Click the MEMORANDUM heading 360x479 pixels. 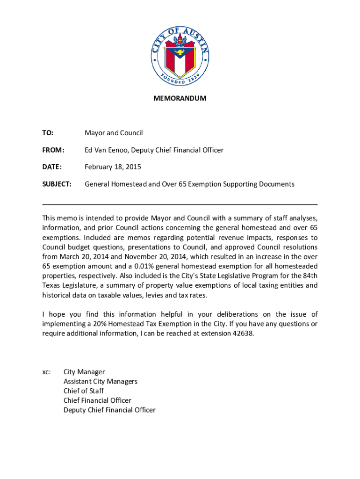coord(180,99)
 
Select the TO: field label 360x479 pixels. coord(48,133)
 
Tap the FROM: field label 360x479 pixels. coord(53,150)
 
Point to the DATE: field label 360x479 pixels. coord(52,167)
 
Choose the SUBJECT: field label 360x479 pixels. coord(57,184)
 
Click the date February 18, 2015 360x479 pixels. coord(113,167)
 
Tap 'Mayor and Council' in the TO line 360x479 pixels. coord(114,133)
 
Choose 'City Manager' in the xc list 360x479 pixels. coord(84,372)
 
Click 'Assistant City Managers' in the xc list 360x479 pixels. coord(101,381)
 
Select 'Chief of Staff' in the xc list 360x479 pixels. coord(84,391)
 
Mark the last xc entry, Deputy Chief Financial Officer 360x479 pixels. coord(109,410)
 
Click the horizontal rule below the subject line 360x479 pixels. coord(180,204)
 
